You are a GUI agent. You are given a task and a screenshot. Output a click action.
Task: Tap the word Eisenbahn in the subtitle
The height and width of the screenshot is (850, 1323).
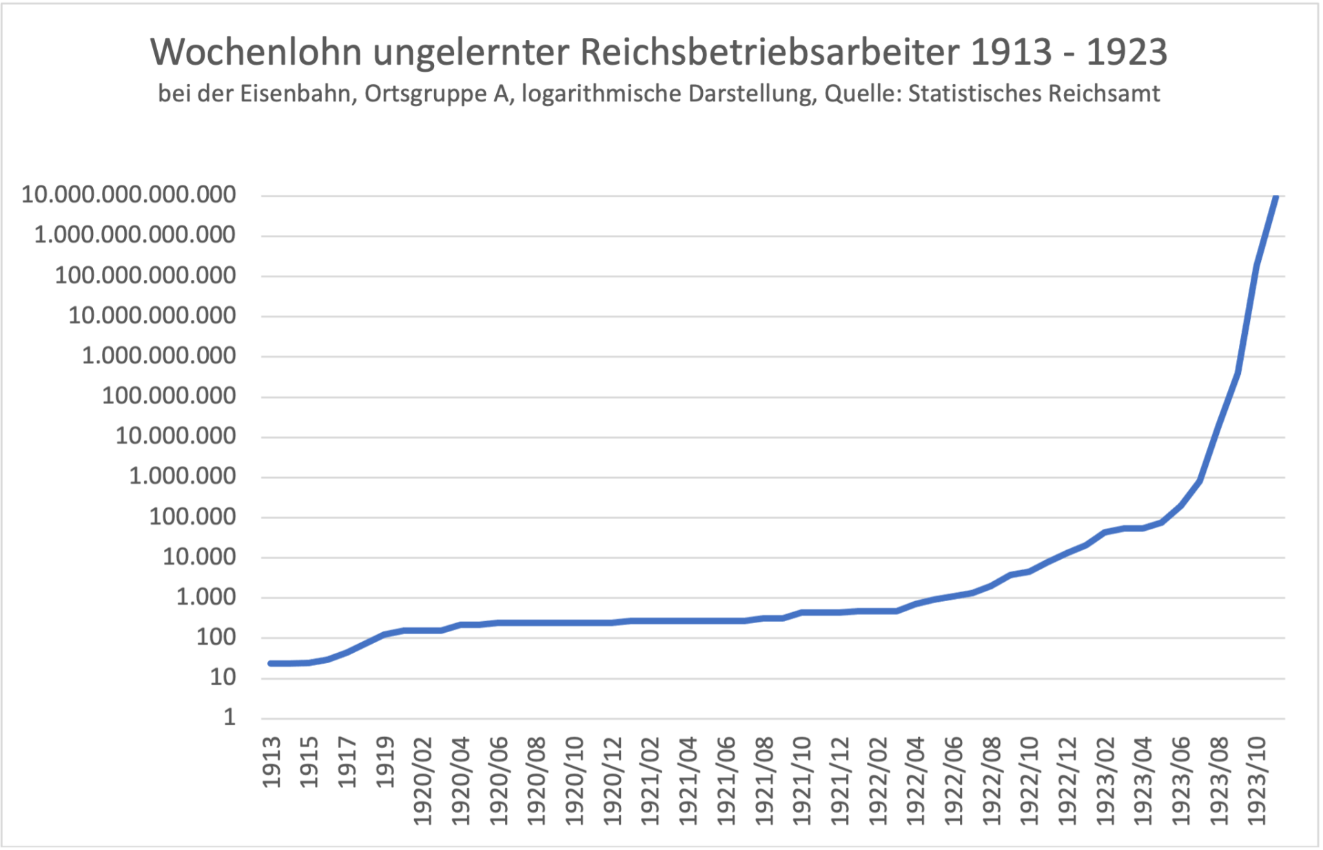[x=298, y=94]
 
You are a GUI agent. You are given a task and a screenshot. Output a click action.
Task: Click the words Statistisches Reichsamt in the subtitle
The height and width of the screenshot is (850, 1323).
[x=1034, y=94]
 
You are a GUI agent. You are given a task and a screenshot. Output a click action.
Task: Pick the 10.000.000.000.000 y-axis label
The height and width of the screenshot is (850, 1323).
[x=129, y=195]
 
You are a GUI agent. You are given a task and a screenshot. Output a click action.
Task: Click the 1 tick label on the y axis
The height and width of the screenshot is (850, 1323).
[x=229, y=718]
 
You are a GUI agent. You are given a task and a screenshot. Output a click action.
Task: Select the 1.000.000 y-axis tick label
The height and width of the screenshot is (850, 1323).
[x=183, y=476]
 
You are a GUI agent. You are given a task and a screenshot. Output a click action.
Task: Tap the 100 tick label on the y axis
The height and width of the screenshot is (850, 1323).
[x=216, y=637]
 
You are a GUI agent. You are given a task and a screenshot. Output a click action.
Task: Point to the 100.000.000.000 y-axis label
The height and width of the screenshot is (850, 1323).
[x=145, y=276]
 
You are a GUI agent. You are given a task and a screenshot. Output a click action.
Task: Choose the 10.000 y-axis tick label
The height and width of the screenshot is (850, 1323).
[x=199, y=557]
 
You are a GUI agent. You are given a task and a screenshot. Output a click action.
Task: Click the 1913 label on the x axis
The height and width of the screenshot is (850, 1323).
[x=271, y=762]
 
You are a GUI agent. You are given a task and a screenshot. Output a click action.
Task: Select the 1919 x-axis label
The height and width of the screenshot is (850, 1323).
[x=385, y=762]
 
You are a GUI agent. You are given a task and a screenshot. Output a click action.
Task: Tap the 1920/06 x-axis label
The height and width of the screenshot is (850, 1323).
[x=499, y=781]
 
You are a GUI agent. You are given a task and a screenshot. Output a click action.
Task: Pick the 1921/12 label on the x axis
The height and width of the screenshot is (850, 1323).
[x=840, y=781]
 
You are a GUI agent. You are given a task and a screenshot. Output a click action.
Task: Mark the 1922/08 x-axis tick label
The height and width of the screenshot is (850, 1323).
[x=992, y=781]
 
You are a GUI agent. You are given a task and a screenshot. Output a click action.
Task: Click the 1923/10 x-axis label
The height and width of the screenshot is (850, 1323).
[x=1257, y=781]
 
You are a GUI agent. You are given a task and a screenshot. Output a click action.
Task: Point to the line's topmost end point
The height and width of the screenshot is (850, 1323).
[x=1275, y=197]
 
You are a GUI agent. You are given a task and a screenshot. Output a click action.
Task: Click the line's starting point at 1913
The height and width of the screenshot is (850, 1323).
[x=271, y=663]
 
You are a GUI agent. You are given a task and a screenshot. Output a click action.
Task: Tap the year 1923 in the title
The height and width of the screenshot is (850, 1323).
[x=1127, y=52]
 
